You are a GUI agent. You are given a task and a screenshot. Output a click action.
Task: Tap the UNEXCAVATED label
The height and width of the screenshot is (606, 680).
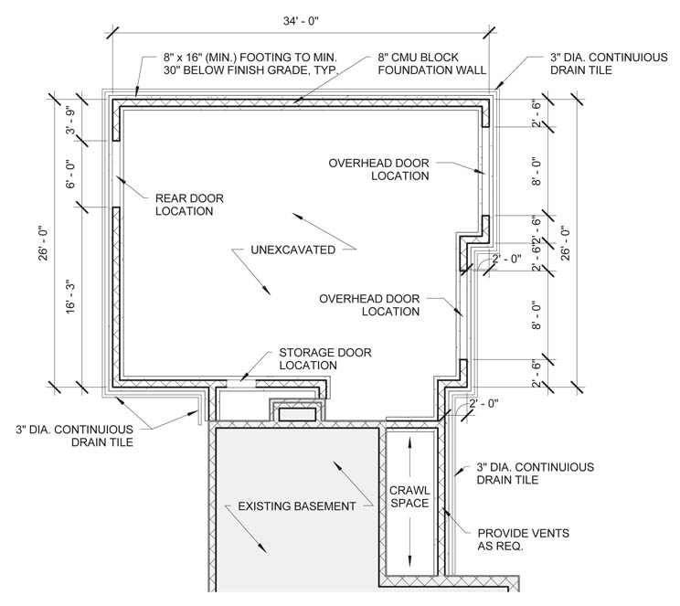[292, 249]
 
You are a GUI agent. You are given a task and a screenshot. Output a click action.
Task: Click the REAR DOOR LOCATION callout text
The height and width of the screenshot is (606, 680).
[189, 204]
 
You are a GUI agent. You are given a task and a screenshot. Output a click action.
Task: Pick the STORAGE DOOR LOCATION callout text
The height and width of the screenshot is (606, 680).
[313, 358]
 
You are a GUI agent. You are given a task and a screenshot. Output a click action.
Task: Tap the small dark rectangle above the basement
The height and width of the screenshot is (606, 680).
[297, 414]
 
